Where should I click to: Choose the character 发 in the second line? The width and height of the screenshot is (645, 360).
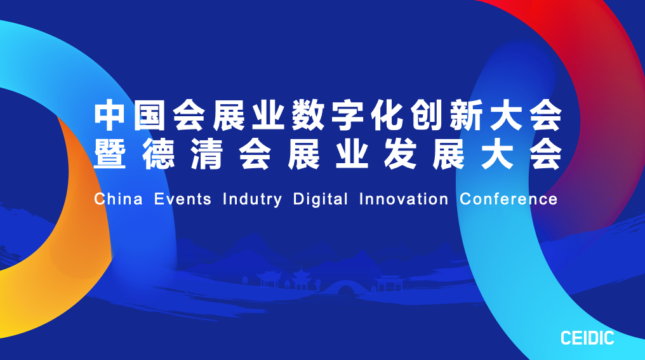399,154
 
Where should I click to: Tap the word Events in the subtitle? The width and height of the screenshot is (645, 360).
183,199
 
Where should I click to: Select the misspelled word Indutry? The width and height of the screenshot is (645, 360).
252,199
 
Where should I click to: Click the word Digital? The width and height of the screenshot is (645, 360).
321,199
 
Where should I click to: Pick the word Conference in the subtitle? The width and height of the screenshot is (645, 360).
509,199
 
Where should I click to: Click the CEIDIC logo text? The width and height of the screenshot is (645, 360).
587,338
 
